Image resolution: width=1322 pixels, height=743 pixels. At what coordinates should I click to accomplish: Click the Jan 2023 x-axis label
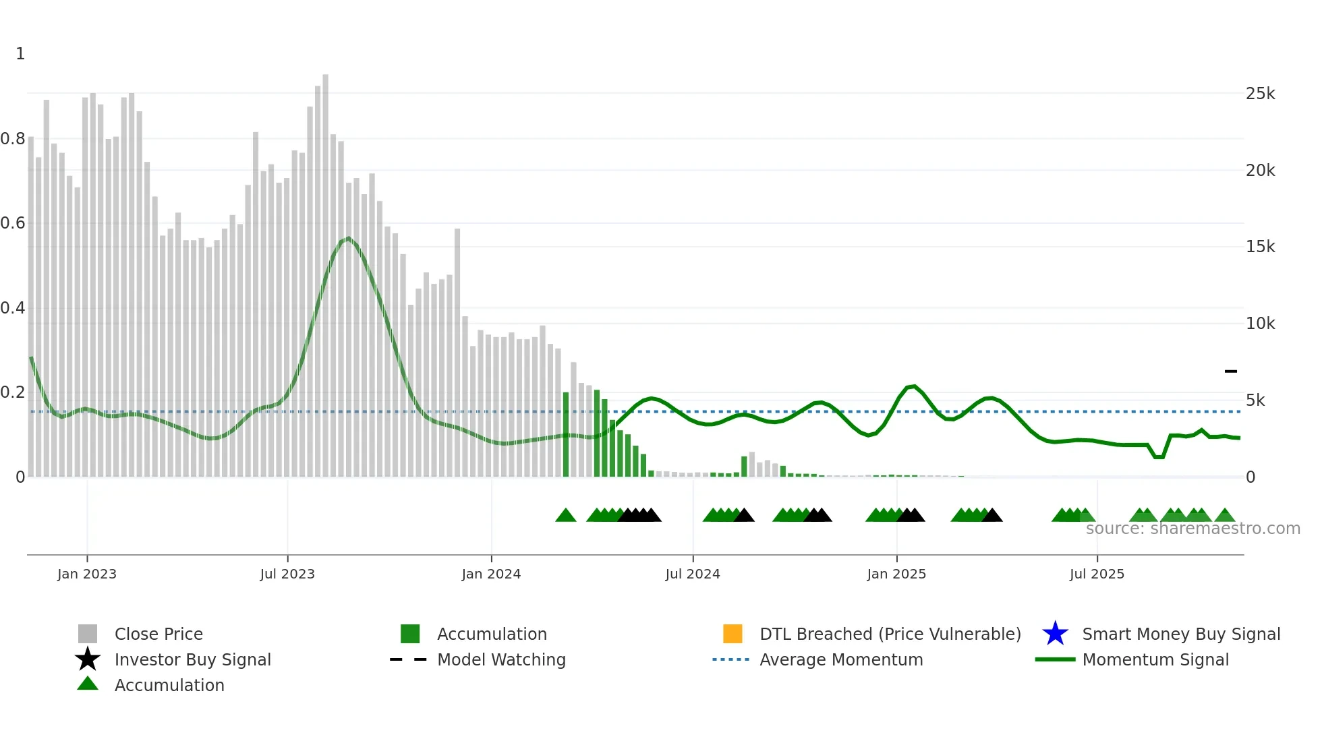(86, 574)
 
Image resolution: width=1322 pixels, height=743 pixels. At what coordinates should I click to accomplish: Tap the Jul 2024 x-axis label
(692, 574)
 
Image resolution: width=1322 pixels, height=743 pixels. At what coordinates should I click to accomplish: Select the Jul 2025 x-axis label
(1097, 574)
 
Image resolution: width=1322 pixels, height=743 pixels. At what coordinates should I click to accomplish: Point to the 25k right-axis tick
(1260, 94)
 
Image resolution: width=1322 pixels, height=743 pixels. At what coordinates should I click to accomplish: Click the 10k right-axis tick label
(1260, 324)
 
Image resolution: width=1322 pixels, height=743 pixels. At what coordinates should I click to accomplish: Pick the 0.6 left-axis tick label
(13, 223)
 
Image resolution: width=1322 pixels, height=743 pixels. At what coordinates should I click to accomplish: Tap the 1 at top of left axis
(20, 54)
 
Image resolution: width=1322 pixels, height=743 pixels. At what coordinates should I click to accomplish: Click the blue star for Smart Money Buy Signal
(1055, 634)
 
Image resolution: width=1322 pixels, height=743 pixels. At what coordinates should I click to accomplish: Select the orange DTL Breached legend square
(732, 634)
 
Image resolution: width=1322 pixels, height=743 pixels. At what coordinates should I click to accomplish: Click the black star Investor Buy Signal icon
(88, 659)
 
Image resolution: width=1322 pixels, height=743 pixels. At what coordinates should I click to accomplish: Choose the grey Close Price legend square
(88, 634)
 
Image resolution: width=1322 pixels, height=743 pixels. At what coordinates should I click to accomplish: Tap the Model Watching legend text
(501, 659)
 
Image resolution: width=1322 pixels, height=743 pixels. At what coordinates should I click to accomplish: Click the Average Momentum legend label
(841, 659)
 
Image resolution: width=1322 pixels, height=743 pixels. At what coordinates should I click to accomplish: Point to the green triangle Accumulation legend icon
(88, 684)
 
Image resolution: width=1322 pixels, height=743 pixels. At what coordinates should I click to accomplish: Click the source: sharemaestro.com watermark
(1192, 529)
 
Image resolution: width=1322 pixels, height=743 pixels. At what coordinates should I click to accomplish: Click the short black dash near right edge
(1230, 371)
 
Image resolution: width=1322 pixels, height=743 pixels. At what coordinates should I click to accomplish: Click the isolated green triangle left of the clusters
(565, 516)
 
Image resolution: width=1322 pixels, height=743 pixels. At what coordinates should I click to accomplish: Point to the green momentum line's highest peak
(348, 238)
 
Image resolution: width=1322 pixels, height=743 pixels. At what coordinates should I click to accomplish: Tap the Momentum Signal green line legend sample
(1055, 659)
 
